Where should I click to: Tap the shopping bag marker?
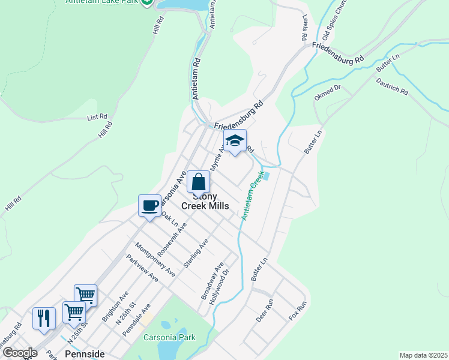pos(198,182)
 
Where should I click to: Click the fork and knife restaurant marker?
pos(44,318)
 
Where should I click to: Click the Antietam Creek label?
pos(253,196)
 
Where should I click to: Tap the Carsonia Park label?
pos(169,337)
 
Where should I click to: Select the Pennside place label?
pos(85,354)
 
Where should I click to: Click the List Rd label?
pos(97,117)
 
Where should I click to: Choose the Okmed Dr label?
pos(327,92)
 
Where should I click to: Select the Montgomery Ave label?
pos(155,259)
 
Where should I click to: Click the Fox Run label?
pos(297,310)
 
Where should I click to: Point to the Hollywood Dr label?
pos(219,286)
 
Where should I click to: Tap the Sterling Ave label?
pos(197,252)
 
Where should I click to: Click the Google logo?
pos(19,353)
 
